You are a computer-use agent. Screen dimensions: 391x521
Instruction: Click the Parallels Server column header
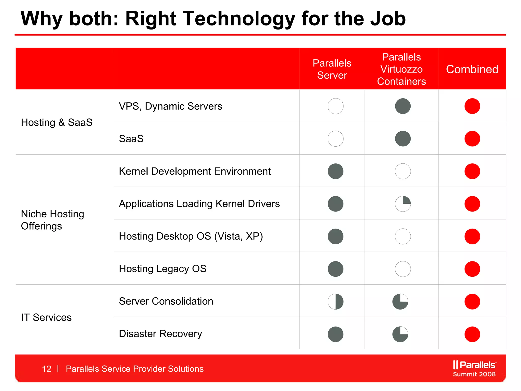point(332,69)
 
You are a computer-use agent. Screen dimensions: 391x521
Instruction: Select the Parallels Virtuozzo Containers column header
point(401,69)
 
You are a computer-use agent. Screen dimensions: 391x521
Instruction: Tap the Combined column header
point(472,69)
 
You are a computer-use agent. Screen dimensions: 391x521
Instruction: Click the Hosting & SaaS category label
point(57,122)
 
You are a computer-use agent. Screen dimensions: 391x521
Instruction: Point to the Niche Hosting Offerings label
point(52,220)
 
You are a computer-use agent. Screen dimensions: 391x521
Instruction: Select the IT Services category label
point(46,317)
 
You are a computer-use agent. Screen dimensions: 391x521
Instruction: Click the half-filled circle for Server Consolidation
point(336,302)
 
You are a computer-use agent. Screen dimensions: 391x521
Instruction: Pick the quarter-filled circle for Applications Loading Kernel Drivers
point(403,204)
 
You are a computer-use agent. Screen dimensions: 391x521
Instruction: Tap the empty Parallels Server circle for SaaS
point(336,139)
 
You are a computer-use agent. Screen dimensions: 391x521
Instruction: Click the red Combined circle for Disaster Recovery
point(472,334)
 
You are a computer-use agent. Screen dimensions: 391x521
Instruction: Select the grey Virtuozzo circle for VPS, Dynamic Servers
point(403,106)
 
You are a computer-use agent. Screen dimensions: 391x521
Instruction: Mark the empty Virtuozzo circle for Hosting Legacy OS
point(403,269)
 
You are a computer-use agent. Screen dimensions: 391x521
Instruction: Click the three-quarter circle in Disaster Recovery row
point(400,334)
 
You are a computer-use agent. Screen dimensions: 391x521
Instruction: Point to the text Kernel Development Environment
point(195,171)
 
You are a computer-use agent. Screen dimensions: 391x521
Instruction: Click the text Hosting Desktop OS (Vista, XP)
point(191,236)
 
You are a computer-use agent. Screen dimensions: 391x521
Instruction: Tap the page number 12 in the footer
point(47,369)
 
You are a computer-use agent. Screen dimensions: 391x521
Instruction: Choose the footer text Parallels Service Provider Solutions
point(135,369)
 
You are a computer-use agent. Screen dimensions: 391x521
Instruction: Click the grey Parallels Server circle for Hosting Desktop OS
point(336,236)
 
